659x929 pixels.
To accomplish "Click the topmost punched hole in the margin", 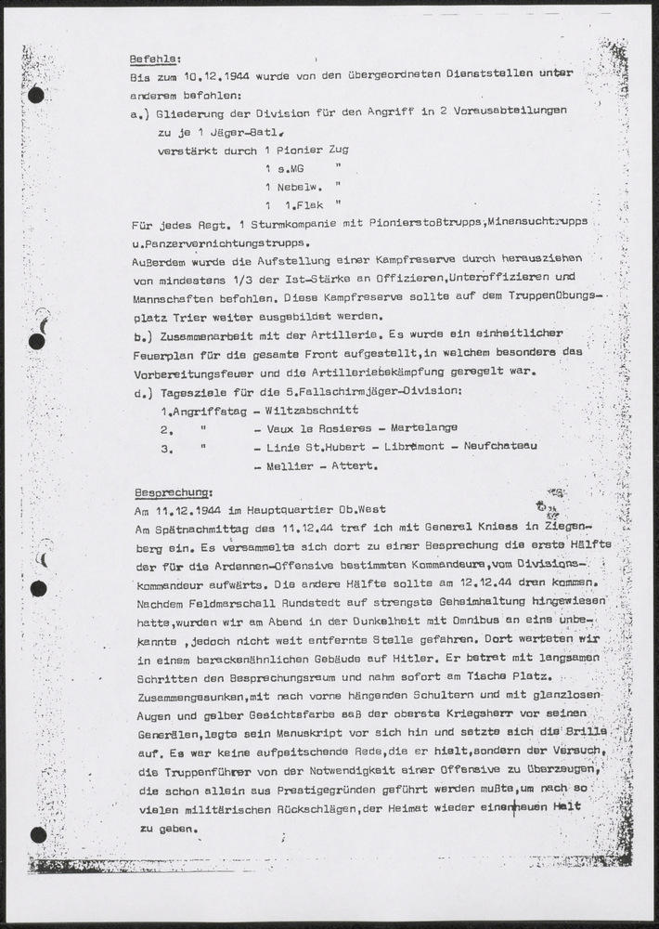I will point(36,94).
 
